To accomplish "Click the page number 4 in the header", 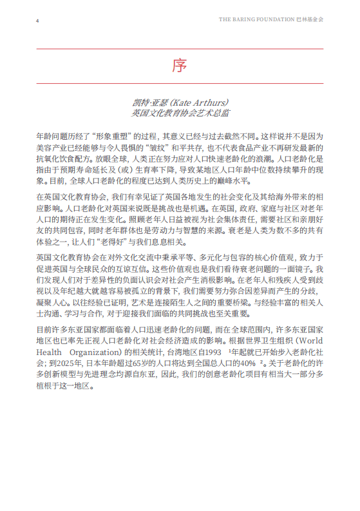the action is tap(37, 20).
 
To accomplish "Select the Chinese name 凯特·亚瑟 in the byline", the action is tap(147, 102).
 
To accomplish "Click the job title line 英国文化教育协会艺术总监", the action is tap(180, 113).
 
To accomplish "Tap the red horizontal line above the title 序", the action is tap(180, 49).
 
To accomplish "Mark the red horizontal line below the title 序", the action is tap(180, 84).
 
